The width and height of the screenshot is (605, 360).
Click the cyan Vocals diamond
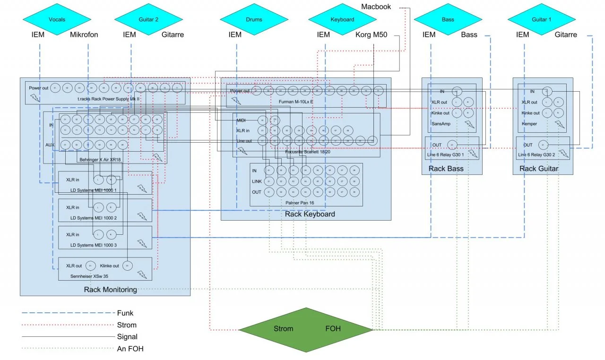click(x=57, y=20)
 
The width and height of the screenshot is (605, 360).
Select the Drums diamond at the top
click(x=254, y=20)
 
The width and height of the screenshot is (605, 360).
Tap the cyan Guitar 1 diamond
click(x=542, y=20)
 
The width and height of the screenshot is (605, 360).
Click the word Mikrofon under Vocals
click(x=84, y=34)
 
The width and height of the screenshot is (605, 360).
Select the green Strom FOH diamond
click(x=306, y=329)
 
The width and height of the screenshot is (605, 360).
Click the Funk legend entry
click(x=125, y=313)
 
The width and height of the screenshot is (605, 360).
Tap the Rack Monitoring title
click(x=110, y=290)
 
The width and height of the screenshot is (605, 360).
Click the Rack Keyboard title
click(x=310, y=214)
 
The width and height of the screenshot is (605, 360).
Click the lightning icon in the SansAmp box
click(x=469, y=124)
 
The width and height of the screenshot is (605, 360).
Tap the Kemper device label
click(x=529, y=124)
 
